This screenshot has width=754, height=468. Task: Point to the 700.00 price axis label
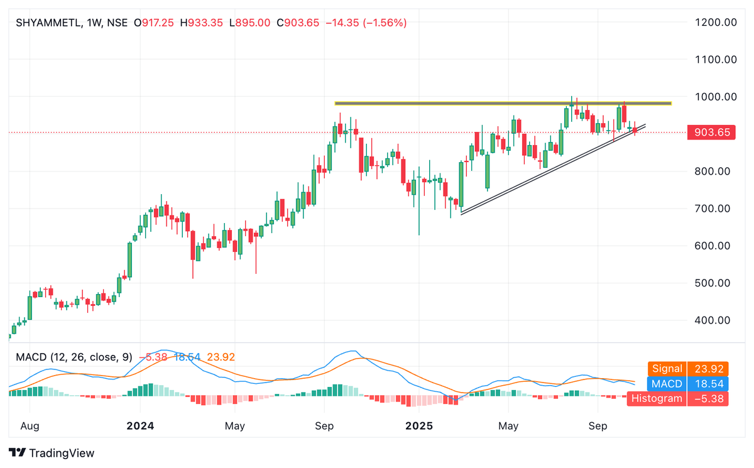pos(713,209)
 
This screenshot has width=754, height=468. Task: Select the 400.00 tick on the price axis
pos(713,320)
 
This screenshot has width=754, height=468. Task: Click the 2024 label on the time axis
pos(140,426)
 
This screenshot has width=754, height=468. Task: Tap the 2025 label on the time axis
pos(419,426)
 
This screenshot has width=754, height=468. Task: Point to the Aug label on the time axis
pos(30,426)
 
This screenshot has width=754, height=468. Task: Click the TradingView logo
pos(52,453)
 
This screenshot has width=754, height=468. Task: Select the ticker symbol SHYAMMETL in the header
pos(47,23)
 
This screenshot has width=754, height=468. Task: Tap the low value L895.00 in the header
pos(249,23)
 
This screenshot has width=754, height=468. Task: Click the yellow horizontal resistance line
pos(503,103)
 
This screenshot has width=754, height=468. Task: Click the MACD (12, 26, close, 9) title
pos(74,357)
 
